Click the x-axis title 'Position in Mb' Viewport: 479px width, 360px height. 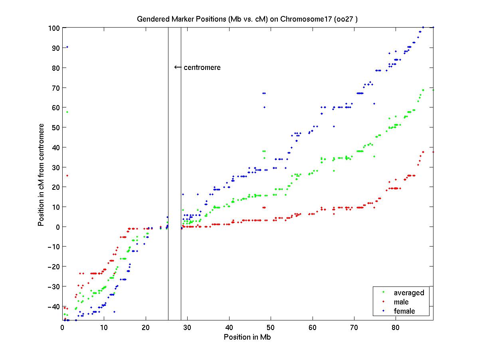(247, 337)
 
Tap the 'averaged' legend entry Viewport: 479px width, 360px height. (409, 293)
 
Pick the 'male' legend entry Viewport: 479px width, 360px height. (401, 302)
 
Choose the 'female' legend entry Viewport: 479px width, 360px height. (404, 311)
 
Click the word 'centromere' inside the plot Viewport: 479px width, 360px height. (202, 68)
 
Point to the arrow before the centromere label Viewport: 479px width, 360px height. (178, 67)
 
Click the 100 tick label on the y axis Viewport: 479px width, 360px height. (55, 28)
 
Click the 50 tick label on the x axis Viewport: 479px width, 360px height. (271, 328)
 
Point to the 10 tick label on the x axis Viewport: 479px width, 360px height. (104, 328)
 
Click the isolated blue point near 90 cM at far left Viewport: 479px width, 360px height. (67, 47)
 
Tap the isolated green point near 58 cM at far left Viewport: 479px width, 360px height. (67, 112)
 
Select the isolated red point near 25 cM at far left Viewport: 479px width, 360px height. (67, 175)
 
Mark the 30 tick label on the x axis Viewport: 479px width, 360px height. (187, 328)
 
